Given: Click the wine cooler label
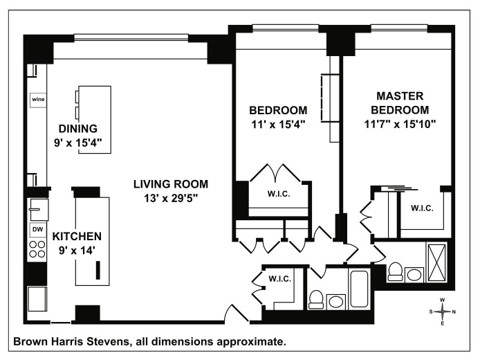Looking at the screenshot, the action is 38,99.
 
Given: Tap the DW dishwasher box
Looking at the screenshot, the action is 37,230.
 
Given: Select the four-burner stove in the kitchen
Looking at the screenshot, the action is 37,249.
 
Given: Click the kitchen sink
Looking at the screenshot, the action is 38,210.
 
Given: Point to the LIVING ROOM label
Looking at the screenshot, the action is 171,184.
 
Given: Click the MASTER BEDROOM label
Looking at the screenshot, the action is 400,103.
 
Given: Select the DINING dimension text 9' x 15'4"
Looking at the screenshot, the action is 78,143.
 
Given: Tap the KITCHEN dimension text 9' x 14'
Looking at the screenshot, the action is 77,251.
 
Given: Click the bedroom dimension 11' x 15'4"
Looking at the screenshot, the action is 278,125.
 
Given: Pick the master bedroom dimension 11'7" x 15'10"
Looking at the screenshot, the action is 400,124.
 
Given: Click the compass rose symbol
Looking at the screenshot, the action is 443,312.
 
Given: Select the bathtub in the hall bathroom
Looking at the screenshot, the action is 359,289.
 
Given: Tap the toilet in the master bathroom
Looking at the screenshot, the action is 395,272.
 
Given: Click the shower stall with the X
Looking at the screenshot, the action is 436,262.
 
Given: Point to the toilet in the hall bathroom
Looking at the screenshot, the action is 316,300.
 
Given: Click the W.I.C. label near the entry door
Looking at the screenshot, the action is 280,279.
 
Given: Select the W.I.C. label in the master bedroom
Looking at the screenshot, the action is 422,208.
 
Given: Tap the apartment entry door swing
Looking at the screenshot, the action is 237,313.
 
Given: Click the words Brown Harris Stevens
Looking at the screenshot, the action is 72,341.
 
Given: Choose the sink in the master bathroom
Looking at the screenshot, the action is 414,275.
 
